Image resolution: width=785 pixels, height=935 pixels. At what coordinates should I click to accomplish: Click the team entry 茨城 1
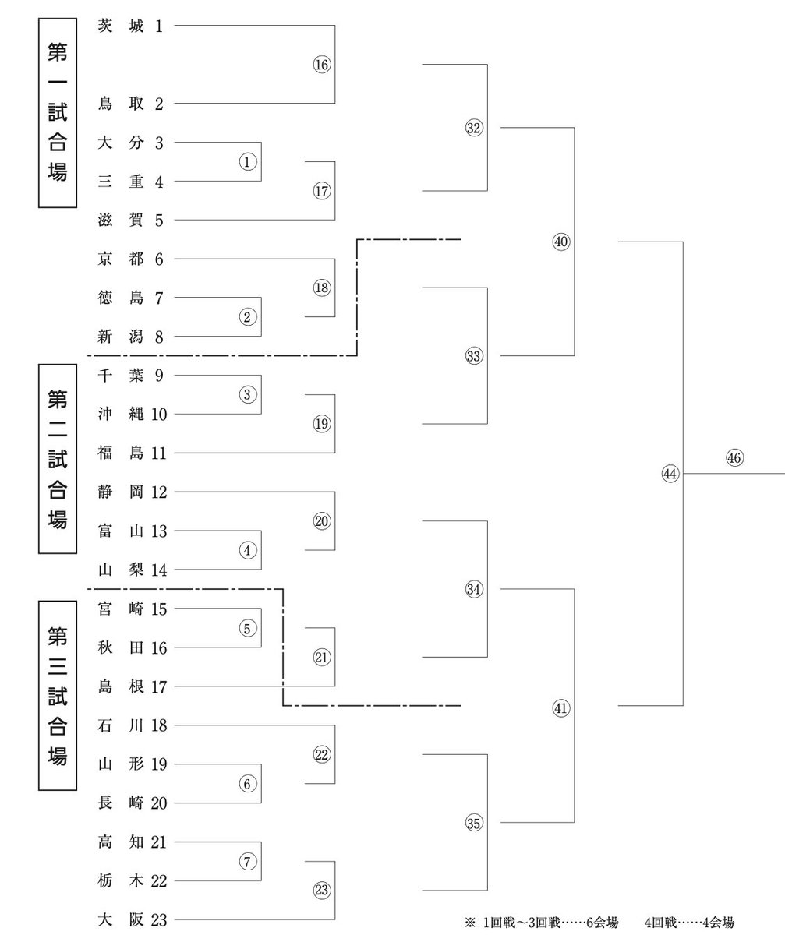click(x=130, y=26)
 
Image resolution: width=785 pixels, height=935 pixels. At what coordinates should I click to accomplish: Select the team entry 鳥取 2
click(x=130, y=104)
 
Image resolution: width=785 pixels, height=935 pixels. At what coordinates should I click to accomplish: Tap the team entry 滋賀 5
click(x=130, y=221)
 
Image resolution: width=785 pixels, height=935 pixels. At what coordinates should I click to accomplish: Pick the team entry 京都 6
click(x=130, y=259)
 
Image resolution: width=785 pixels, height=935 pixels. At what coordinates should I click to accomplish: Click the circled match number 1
click(x=247, y=162)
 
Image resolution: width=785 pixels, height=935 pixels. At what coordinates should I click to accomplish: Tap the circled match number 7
click(x=247, y=862)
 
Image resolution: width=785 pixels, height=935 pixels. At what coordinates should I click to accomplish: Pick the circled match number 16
click(x=322, y=65)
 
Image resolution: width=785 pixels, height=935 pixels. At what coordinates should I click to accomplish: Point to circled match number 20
click(x=322, y=521)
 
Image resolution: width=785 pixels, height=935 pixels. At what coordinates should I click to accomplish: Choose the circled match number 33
click(x=474, y=356)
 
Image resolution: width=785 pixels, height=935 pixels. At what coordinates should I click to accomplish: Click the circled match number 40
click(x=561, y=242)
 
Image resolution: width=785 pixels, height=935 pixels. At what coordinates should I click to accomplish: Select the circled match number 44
click(x=670, y=473)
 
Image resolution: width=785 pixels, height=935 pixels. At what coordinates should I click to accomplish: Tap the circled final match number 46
click(x=734, y=457)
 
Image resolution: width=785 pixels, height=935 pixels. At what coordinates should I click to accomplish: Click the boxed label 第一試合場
click(x=58, y=113)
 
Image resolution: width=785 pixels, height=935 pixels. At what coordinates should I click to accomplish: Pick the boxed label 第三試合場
click(x=58, y=695)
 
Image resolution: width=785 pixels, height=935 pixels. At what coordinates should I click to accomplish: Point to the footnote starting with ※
click(x=599, y=922)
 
